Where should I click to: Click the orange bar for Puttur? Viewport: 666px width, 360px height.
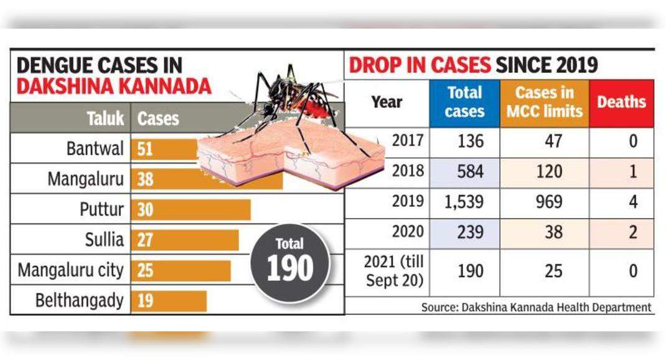[190, 210]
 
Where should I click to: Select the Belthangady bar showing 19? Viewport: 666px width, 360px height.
[169, 301]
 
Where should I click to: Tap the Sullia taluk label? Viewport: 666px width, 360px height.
[104, 240]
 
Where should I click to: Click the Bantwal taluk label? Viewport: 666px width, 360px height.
[95, 149]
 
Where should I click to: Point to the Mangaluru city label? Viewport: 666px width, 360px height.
[70, 271]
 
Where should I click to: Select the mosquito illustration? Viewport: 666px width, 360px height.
[293, 100]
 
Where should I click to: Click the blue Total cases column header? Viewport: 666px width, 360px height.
[464, 103]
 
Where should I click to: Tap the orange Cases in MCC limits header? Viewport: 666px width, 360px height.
[544, 103]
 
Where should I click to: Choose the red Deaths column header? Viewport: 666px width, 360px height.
[621, 103]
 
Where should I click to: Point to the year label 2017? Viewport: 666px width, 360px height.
[408, 141]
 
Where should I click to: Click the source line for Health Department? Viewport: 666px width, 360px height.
[536, 307]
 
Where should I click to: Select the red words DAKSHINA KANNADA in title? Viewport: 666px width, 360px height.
[114, 87]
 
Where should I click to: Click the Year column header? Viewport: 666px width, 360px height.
[387, 102]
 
